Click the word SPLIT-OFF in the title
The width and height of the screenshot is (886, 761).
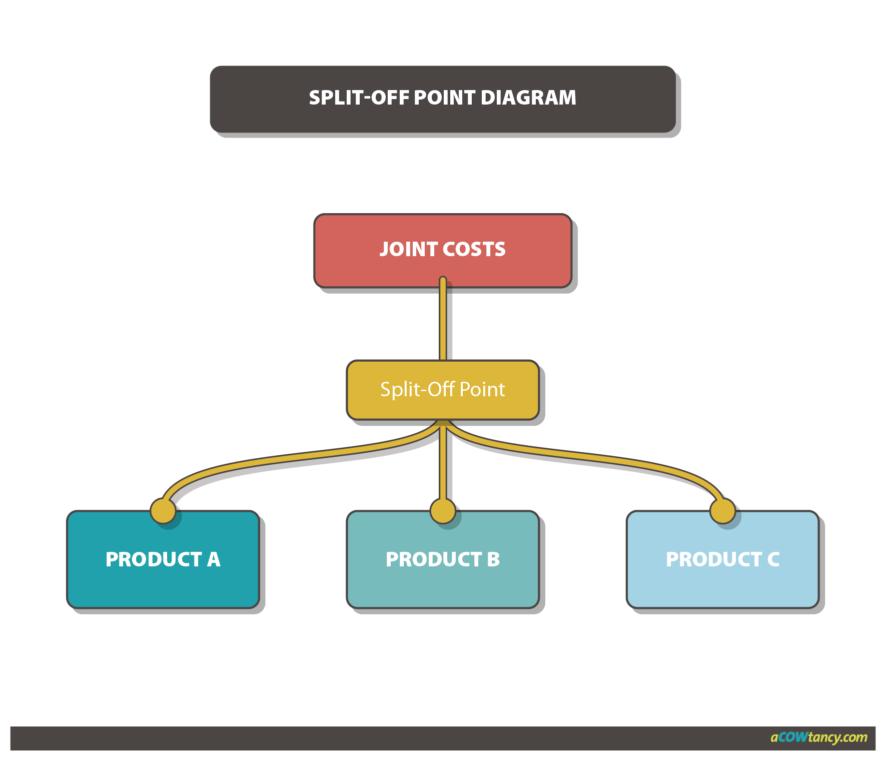[x=359, y=98]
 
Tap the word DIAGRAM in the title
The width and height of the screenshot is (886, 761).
[x=528, y=98]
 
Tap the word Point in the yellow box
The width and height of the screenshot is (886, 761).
[x=482, y=389]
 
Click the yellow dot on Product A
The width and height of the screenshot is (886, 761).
[x=163, y=511]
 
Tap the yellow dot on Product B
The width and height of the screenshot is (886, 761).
[x=443, y=511]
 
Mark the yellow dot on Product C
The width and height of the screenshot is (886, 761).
[x=722, y=511]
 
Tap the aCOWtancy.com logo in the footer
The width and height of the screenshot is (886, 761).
[x=818, y=737]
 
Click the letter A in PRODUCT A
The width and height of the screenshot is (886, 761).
[x=214, y=559]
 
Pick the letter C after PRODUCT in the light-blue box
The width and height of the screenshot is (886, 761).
[x=773, y=559]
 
